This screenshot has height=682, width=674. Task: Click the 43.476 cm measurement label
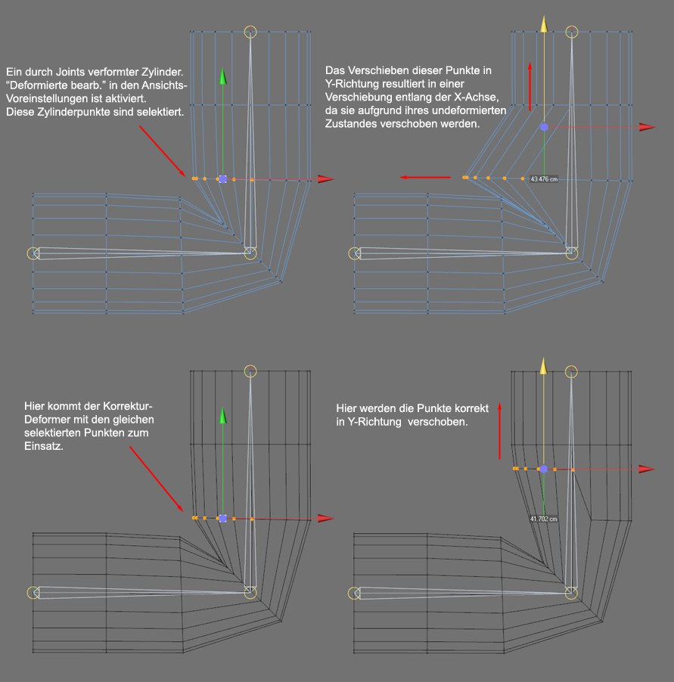[545, 179]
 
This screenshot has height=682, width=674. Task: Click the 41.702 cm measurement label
[544, 519]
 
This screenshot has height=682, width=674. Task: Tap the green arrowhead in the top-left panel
[223, 76]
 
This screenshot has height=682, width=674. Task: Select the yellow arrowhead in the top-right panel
[543, 24]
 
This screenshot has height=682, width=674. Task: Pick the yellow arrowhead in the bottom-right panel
[543, 366]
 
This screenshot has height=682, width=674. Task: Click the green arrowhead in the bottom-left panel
[223, 415]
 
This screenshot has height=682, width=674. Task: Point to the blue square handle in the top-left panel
[222, 179]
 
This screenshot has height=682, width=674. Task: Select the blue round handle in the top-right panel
[543, 127]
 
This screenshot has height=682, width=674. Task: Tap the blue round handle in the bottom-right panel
[543, 469]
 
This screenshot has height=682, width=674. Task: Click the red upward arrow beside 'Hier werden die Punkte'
[499, 432]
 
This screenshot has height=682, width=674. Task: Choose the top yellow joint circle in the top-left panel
[251, 32]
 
